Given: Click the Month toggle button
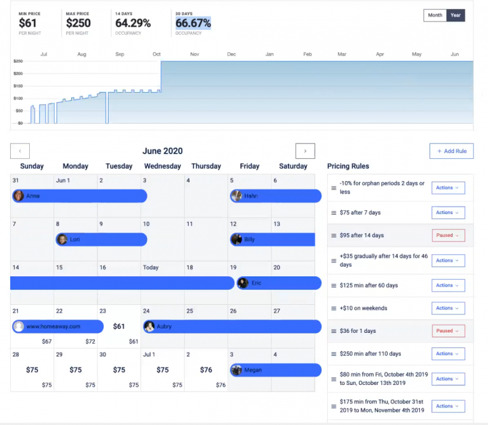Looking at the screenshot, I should [435, 15].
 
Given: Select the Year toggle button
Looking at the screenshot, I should [456, 15].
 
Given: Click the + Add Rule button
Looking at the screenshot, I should [451, 151].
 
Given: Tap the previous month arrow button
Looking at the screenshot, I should [20, 151].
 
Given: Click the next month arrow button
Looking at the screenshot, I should [305, 151].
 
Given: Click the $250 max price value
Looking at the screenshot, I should [78, 24].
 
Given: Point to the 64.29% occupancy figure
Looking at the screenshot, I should [133, 24].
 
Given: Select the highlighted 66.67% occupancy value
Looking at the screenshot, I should [193, 24].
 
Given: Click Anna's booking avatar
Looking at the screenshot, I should [19, 196].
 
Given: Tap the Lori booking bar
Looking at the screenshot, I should [102, 239].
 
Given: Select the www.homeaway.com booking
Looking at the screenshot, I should [57, 327].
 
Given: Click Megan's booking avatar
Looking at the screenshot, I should [237, 370].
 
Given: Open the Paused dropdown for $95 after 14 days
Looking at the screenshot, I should [448, 235].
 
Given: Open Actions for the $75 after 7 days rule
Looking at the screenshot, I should [448, 213].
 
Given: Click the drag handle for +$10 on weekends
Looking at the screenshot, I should [333, 308].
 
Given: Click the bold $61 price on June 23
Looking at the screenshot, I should [119, 327].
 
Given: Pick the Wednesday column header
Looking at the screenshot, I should [162, 166].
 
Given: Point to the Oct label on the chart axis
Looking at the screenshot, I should [156, 55].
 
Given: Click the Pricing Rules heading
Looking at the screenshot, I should [348, 166].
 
